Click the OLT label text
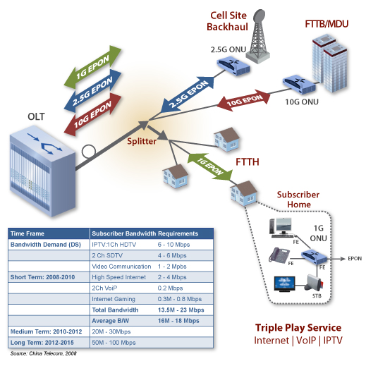click(x=36, y=116)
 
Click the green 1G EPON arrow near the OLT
click(x=92, y=67)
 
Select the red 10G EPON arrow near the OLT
click(x=92, y=114)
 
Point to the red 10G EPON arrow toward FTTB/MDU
click(x=243, y=100)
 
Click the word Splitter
click(x=142, y=141)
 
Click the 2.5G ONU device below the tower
click(x=233, y=66)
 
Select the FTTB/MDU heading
click(x=327, y=24)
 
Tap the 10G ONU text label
click(x=302, y=102)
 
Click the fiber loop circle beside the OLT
click(x=89, y=152)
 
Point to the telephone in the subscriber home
click(x=279, y=255)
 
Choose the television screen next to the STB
click(x=285, y=283)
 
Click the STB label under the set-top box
click(x=317, y=295)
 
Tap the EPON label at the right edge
click(x=355, y=259)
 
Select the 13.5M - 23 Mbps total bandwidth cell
click(x=181, y=310)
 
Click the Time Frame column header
click(x=28, y=233)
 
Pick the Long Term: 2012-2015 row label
click(x=42, y=343)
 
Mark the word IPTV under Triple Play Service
click(x=333, y=341)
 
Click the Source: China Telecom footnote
click(x=43, y=353)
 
